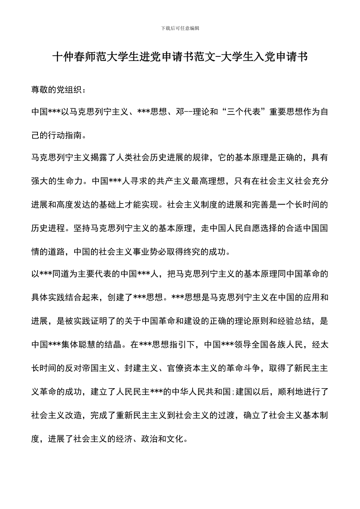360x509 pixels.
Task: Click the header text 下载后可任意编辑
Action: click(x=180, y=28)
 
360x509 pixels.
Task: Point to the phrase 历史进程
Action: click(x=48, y=228)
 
